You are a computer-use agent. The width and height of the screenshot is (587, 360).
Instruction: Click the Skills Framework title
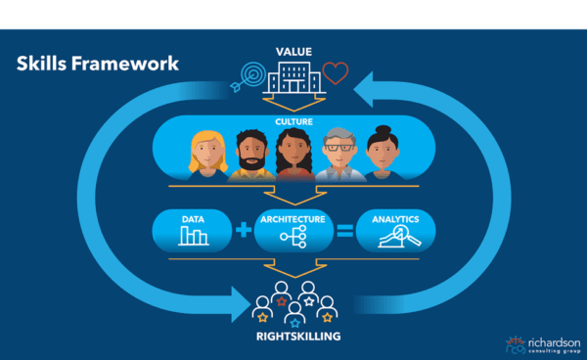(x=97, y=65)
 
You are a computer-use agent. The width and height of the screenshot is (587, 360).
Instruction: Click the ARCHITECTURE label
(x=294, y=219)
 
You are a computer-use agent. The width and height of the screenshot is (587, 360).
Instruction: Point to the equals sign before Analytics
(x=342, y=231)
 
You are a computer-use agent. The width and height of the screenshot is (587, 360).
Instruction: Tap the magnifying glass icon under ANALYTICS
(x=399, y=237)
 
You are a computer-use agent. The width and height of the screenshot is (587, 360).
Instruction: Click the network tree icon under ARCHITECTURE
(x=294, y=238)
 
